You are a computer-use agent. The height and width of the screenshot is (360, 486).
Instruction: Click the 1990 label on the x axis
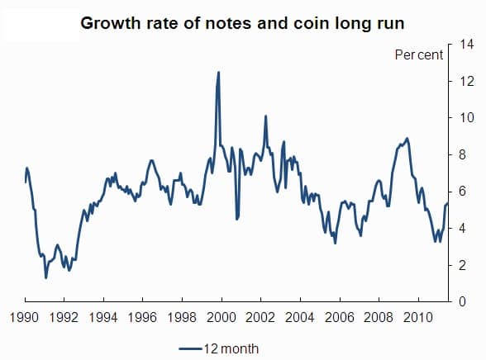coord(25,316)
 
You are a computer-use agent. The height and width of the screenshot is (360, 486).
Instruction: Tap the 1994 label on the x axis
coord(103,316)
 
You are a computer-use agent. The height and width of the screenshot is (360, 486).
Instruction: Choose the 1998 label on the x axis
coord(182,316)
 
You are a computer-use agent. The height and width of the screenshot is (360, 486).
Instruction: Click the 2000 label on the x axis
coord(222,316)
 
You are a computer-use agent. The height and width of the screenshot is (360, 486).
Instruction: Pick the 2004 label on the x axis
coord(300,316)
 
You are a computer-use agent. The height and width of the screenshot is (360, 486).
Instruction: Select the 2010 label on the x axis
coord(417,316)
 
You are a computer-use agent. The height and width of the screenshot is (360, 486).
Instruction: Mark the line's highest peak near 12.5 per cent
coord(218,73)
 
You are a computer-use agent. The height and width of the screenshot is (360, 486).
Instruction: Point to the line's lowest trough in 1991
coord(45,277)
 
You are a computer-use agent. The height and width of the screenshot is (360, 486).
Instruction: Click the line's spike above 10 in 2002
coord(265,116)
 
